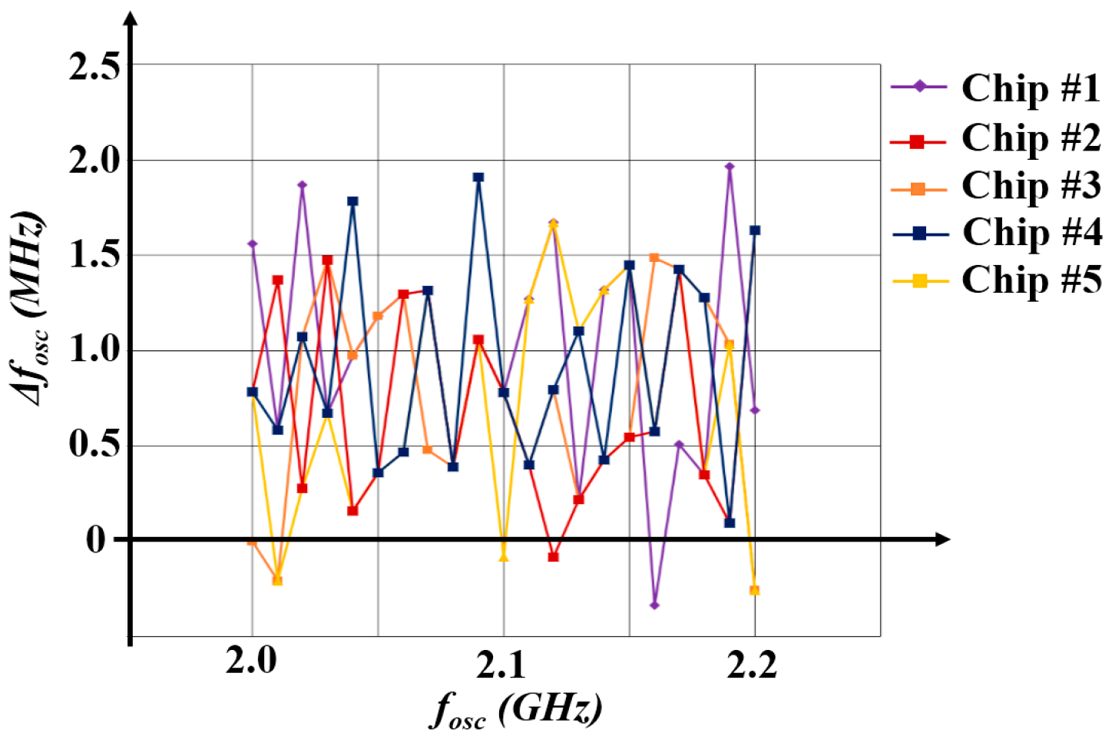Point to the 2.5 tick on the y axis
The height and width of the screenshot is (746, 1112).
94,67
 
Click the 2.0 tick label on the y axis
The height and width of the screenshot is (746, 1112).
94,161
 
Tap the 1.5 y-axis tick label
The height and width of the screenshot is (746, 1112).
94,256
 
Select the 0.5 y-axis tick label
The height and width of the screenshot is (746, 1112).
94,444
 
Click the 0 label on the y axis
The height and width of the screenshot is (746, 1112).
96,540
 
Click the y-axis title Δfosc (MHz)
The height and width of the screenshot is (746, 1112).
31,308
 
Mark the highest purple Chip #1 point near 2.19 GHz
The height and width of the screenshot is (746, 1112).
730,167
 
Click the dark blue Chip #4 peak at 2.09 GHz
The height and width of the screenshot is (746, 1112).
478,177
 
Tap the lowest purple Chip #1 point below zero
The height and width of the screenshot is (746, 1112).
654,605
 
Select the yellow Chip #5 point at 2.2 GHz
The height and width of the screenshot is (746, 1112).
754,590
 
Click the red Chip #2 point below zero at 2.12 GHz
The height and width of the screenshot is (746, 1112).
553,556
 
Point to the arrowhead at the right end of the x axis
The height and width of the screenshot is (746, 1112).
942,539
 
